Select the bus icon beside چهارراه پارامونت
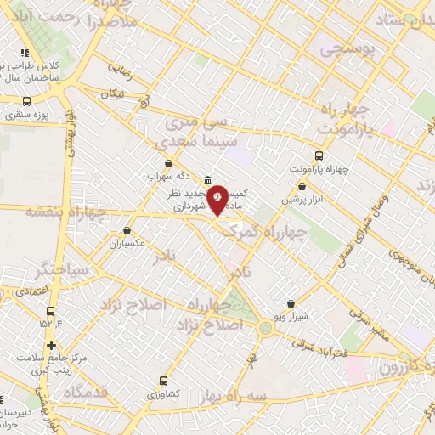pyautogui.click(x=319, y=155)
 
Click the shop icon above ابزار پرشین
pyautogui.click(x=302, y=187)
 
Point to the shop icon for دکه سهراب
pyautogui.click(x=168, y=163)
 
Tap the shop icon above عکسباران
pyautogui.click(x=127, y=230)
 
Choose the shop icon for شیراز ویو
pyautogui.click(x=291, y=303)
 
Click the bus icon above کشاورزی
pyautogui.click(x=162, y=381)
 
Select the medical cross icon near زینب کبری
pyautogui.click(x=52, y=345)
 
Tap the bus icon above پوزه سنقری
pyautogui.click(x=26, y=101)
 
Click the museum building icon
pyautogui.click(x=208, y=180)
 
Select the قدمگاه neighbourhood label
pyautogui.click(x=85, y=392)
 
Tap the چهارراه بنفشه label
pyautogui.click(x=66, y=211)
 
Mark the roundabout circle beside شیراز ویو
pyautogui.click(x=267, y=326)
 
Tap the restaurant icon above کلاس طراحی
pyautogui.click(x=25, y=53)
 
